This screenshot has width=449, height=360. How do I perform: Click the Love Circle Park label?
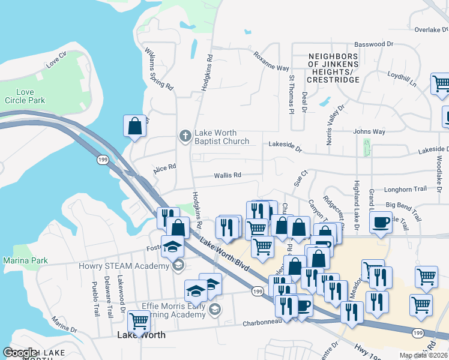click(25, 96)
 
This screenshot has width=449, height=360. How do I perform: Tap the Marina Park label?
click(25, 260)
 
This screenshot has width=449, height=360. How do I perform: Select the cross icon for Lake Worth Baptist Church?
click(185, 137)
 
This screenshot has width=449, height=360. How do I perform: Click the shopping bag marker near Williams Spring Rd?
click(134, 126)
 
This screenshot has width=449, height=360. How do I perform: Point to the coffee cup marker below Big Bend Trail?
click(381, 223)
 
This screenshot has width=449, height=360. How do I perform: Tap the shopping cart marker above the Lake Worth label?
click(139, 321)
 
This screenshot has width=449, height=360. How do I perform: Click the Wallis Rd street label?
click(228, 175)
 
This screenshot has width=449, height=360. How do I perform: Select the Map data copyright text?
click(423, 355)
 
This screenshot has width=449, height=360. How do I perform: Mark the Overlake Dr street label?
click(432, 29)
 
